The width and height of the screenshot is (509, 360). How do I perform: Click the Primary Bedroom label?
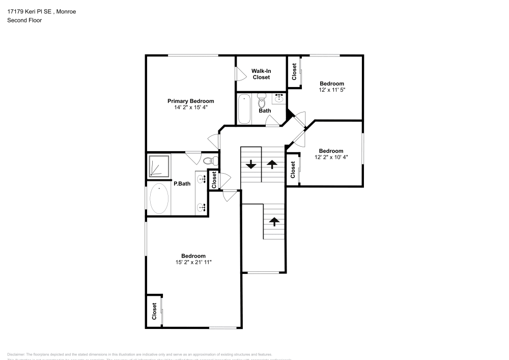click(191, 101)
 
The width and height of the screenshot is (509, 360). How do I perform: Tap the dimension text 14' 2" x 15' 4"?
click(191, 107)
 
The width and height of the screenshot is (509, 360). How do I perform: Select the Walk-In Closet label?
click(261, 74)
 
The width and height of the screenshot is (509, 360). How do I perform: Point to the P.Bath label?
click(182, 184)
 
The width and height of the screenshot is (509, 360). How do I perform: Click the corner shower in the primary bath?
click(159, 166)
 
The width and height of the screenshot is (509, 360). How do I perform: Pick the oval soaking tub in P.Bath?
click(159, 199)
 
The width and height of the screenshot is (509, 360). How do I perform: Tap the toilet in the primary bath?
click(209, 161)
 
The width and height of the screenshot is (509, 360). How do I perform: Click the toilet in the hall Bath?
click(262, 98)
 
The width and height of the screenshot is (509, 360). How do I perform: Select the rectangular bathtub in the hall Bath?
click(244, 108)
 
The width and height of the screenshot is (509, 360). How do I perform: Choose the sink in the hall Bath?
click(279, 98)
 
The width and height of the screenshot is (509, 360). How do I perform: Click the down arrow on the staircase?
click(251, 164)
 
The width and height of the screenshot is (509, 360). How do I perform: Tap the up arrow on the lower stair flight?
click(274, 221)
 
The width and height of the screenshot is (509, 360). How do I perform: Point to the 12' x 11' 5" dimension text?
click(332, 90)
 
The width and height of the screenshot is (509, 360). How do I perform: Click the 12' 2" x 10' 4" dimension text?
click(331, 157)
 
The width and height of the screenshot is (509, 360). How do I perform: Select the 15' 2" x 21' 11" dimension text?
click(193, 262)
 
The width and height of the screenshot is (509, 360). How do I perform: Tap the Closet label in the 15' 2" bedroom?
click(154, 311)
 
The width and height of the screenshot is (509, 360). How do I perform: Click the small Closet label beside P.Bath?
click(214, 179)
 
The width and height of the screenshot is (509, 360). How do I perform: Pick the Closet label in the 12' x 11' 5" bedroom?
click(294, 71)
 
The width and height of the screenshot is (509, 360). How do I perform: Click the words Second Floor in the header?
click(24, 20)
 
